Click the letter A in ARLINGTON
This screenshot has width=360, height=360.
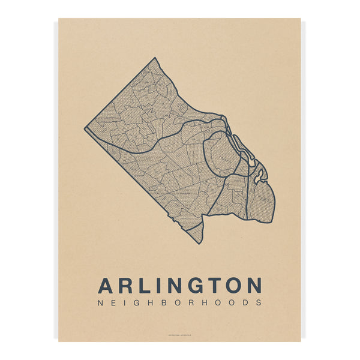pos(106,285)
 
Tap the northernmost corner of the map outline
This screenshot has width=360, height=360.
pos(154,58)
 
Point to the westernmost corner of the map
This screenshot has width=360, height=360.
pos(85,127)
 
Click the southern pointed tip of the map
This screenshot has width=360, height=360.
pos(200,242)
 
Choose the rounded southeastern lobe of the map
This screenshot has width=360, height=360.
pos(263,203)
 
